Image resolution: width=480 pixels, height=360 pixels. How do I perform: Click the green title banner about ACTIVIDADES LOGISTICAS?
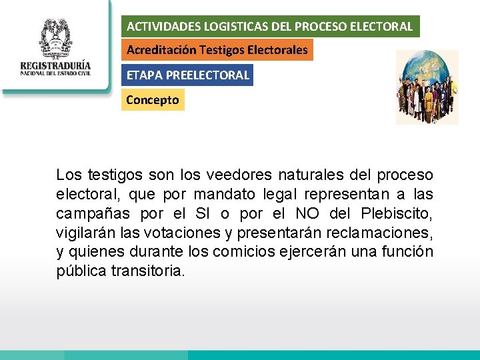[x=271, y=27]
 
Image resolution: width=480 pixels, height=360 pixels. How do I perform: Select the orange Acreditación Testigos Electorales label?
[x=217, y=50]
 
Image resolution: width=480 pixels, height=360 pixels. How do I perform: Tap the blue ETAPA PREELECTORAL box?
[x=187, y=75]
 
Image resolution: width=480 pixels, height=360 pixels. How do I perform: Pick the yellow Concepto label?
[x=153, y=100]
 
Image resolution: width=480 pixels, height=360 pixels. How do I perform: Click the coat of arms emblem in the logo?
[x=55, y=39]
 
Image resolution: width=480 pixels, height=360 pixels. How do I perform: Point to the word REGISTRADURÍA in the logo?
[x=55, y=67]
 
